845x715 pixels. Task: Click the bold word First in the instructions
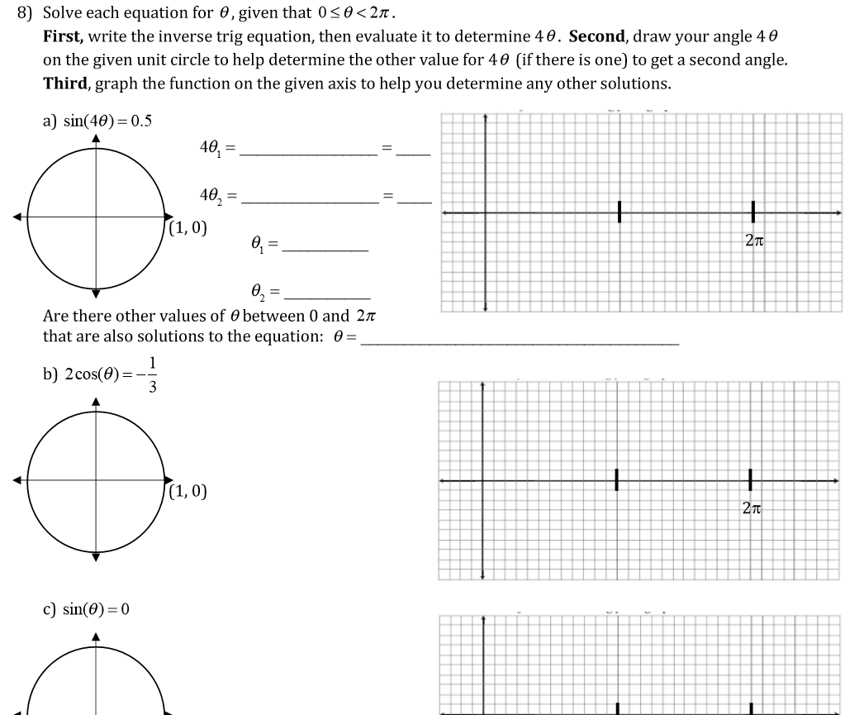coord(63,37)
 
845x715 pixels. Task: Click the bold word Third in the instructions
coord(66,83)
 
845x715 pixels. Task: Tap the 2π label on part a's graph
coord(753,241)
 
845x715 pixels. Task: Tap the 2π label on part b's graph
coord(750,509)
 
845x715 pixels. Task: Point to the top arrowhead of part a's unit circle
coord(96,138)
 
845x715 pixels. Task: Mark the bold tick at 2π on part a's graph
coord(753,212)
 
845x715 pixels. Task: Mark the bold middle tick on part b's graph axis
coord(616,480)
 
